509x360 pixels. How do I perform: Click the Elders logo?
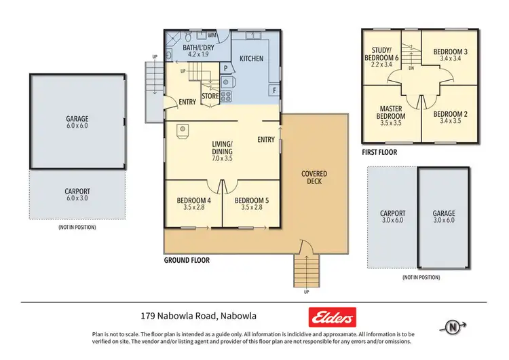click(x=333, y=317)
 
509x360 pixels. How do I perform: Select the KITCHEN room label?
click(x=251, y=59)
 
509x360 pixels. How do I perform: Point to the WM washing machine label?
click(x=212, y=35)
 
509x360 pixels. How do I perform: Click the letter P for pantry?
click(x=225, y=68)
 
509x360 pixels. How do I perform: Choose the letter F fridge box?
click(x=274, y=90)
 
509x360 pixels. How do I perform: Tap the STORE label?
click(x=210, y=96)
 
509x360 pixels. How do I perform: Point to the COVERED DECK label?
click(x=314, y=178)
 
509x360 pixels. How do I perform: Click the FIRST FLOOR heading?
click(x=379, y=153)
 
